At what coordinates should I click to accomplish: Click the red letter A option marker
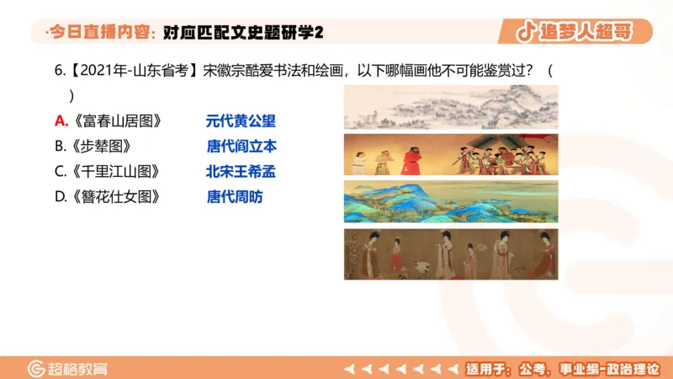[x=61, y=120]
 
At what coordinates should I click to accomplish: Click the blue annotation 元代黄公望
[x=241, y=120]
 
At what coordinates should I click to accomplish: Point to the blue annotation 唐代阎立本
[x=241, y=146]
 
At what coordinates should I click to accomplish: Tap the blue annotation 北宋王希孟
[x=241, y=172]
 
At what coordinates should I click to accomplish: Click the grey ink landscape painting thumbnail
[x=450, y=107]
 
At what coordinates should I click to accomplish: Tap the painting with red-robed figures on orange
[x=450, y=153]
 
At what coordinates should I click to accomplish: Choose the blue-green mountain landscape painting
[x=450, y=202]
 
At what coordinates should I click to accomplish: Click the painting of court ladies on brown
[x=450, y=254]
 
